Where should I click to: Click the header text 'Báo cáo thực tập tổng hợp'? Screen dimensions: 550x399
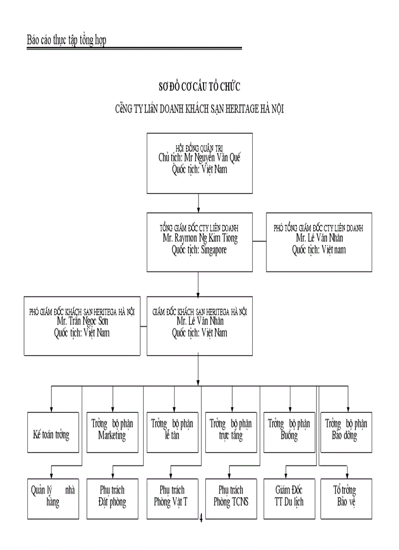point(66,40)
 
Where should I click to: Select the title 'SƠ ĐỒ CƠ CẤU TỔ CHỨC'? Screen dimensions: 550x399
point(199,87)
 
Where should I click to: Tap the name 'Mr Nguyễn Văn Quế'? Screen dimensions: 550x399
point(199,158)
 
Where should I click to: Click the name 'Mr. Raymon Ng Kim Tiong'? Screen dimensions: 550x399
point(199,239)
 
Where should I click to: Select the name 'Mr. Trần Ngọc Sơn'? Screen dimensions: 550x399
point(82,322)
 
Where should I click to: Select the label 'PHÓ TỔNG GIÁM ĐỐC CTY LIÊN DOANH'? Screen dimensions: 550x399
point(318,228)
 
